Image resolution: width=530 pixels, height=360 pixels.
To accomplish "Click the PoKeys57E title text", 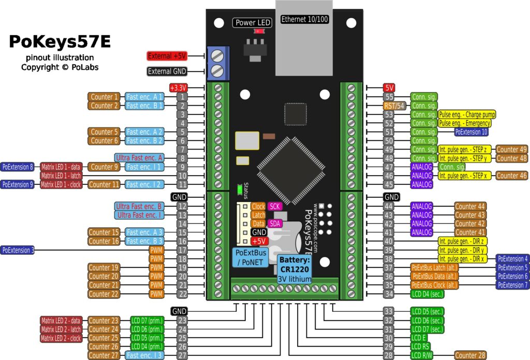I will click(x=60, y=42).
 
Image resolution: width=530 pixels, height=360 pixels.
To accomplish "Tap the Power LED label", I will click(x=253, y=22).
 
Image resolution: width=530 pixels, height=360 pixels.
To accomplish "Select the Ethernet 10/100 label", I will click(x=304, y=19).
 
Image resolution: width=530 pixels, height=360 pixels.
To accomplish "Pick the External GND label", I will click(x=166, y=71).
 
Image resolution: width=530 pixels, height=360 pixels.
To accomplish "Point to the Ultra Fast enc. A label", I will click(x=138, y=158).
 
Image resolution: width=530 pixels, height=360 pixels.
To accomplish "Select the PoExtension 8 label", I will click(x=18, y=167).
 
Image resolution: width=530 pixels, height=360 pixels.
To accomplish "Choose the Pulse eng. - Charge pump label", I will click(x=466, y=114).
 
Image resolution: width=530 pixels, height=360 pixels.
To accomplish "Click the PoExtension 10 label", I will click(x=471, y=132).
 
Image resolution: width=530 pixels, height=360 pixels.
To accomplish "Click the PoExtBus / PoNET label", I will click(x=252, y=258).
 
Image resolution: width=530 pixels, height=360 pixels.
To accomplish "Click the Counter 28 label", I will click(x=470, y=355).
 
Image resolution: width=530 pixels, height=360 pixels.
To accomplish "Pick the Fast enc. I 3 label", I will click(x=145, y=355).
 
